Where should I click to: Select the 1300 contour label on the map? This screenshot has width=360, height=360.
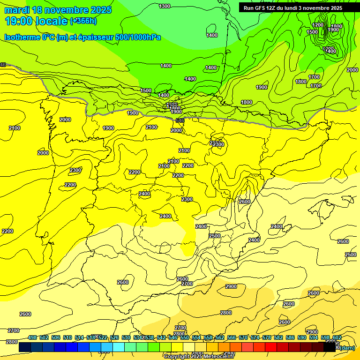(x=165, y=6)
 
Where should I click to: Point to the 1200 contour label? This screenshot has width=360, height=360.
(x=318, y=25)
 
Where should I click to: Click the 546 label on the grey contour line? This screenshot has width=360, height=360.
(x=180, y=120)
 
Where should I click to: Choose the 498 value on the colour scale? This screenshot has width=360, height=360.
(x=32, y=338)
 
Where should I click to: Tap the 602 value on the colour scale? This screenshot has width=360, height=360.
(x=337, y=338)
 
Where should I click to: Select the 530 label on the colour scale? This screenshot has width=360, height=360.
(x=126, y=338)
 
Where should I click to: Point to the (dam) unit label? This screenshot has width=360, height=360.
(x=347, y=348)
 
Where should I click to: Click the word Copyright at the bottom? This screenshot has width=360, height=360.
(x=177, y=357)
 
